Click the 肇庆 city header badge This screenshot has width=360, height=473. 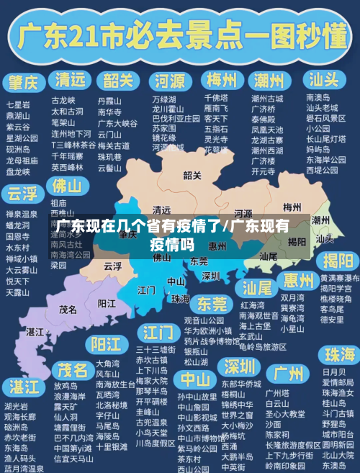coord(24,81)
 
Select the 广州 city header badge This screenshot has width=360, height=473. coord(288,373)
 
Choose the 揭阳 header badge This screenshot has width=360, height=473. coord(338,260)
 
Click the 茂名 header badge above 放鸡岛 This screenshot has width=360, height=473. coord(72,370)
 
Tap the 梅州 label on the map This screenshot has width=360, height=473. coord(292,207)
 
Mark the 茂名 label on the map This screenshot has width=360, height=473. coord(68,309)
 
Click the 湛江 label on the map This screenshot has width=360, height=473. coord(35,331)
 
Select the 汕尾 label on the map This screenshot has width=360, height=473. coord(268,256)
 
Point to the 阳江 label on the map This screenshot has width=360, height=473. coord(107,303)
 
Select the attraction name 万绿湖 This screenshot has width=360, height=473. coord(163,99)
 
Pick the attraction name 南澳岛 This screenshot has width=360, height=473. coord(318,97)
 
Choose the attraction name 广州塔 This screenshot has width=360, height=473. coord(277,393)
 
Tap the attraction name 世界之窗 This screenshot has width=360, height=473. coord(235,415)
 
